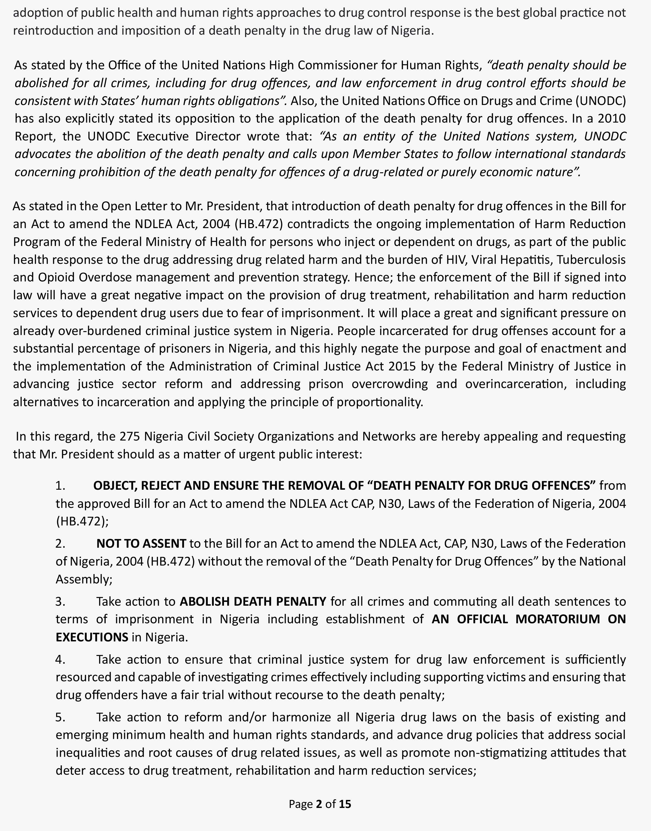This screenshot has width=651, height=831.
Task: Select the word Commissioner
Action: [338, 65]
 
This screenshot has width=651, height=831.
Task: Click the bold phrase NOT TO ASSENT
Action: [141, 543]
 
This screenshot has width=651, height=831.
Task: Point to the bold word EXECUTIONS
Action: [92, 637]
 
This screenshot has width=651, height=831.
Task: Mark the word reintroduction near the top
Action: [53, 31]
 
